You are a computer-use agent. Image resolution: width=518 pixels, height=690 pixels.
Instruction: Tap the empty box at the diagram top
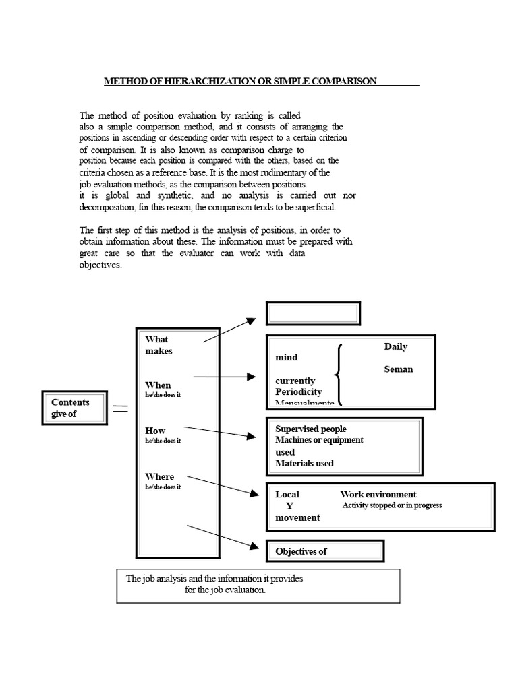tap(314, 313)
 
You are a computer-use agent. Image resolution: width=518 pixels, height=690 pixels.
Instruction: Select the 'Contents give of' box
tap(74, 408)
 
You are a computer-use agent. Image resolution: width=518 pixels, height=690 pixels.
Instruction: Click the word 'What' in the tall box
tap(156, 339)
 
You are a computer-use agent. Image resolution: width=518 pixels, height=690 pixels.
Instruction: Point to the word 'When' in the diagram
tap(158, 385)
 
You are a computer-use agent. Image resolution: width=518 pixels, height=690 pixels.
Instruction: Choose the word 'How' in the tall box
tap(155, 431)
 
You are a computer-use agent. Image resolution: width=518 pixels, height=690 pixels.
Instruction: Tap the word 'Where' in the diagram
tap(159, 476)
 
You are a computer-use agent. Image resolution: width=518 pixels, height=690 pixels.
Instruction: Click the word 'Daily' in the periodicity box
tap(396, 346)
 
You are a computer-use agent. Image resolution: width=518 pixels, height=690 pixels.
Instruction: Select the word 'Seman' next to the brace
tap(398, 369)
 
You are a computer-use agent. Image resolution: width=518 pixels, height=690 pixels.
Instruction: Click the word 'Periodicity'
tap(298, 391)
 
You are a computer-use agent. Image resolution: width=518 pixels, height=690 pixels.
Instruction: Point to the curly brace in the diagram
tap(339, 375)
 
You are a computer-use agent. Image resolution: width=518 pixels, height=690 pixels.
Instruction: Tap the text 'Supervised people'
tap(310, 429)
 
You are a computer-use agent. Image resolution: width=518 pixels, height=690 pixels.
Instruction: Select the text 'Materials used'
tap(304, 463)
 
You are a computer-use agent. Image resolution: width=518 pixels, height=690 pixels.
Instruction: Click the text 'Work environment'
tap(378, 494)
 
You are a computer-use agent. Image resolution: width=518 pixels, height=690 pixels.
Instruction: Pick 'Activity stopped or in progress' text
tap(392, 505)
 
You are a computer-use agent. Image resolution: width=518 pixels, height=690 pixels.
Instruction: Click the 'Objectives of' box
tap(325, 551)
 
